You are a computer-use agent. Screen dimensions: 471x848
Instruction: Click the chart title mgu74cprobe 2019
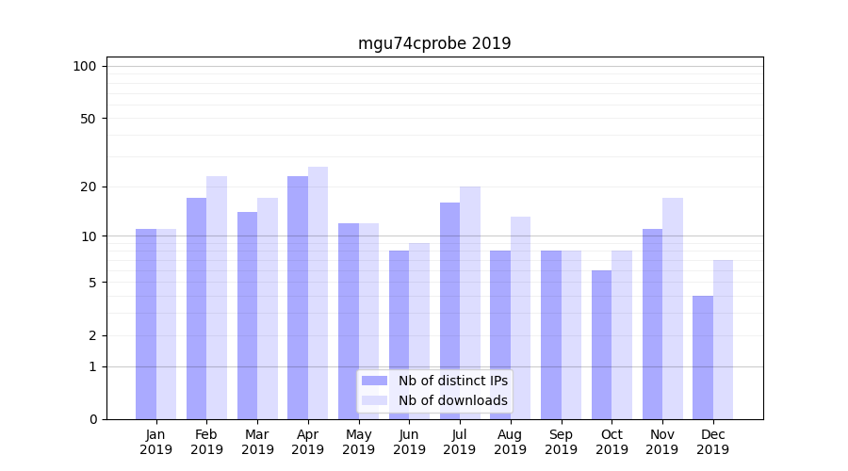coord(434,43)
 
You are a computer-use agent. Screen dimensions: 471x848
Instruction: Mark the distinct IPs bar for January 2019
coord(146,324)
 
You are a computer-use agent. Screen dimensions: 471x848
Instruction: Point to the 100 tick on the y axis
coord(85,66)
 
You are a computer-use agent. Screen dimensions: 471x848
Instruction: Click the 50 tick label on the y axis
coord(88,119)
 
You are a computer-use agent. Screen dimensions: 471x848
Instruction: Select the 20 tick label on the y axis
coord(88,187)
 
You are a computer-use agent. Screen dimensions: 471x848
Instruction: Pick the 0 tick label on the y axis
coord(92,419)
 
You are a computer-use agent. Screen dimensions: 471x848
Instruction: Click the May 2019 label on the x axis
coord(359,442)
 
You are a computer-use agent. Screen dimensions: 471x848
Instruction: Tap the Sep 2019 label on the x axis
coord(561,442)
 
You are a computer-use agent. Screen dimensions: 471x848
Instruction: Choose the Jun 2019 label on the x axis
coord(409,442)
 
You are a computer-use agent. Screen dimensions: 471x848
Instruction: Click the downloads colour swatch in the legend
coord(374,400)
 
